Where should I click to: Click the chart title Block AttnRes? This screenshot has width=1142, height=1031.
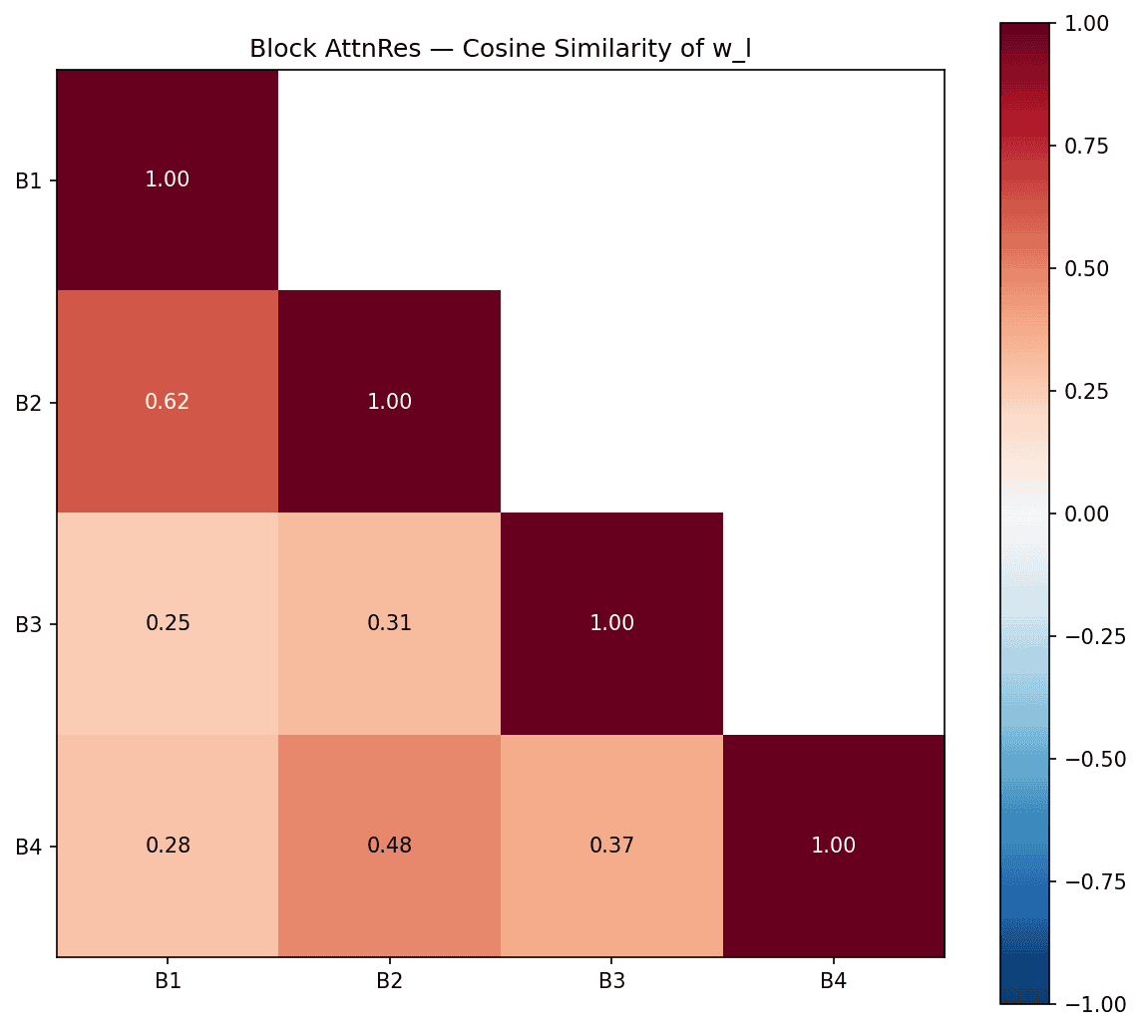pos(500,49)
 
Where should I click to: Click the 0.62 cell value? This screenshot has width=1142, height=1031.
pos(168,402)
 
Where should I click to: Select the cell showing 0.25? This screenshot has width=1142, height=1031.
pos(168,623)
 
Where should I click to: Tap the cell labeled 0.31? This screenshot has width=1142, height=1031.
pos(389,623)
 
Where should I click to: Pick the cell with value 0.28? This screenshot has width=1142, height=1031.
pos(168,846)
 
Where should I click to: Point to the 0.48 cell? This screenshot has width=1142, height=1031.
pos(389,846)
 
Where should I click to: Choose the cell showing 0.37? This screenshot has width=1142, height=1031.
pos(611,846)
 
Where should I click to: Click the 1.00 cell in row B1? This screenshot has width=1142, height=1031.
pos(168,179)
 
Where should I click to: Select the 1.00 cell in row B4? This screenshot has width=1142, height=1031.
pos(834,846)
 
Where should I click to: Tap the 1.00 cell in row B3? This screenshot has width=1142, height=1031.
pos(611,623)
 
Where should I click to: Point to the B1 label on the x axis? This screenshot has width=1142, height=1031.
pos(168,981)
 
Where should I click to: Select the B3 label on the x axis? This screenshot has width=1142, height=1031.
pos(611,981)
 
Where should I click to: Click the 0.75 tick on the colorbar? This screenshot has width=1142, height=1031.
pos(1092,146)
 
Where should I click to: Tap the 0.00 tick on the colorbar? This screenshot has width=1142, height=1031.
pos(1092,514)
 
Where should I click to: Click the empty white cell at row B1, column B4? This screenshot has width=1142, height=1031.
pos(834,179)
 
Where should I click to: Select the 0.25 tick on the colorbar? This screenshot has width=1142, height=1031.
pos(1092,391)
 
